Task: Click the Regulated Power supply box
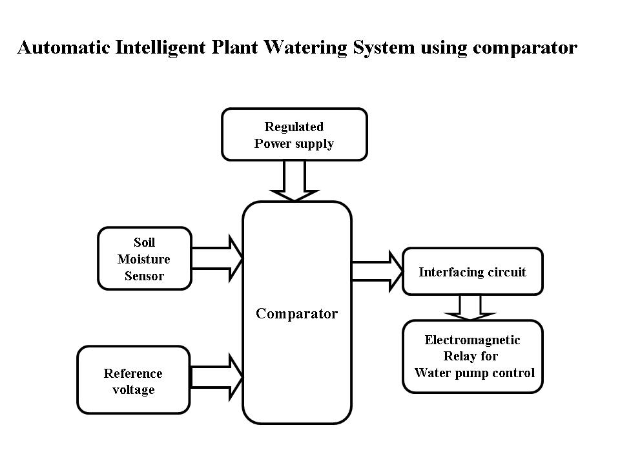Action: [294, 134]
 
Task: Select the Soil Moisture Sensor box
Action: [145, 258]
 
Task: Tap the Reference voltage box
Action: [133, 380]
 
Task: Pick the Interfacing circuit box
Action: [472, 272]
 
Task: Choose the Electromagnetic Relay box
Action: [472, 356]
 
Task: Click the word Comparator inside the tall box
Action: [296, 314]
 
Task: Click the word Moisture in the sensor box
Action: [144, 259]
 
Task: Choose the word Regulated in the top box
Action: [294, 127]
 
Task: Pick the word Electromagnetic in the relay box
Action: [472, 340]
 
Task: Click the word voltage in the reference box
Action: [133, 389]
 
